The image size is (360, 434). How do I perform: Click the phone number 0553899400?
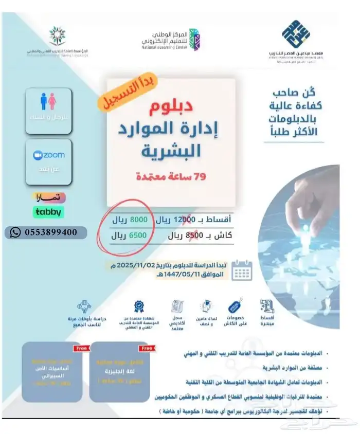click(x=50, y=232)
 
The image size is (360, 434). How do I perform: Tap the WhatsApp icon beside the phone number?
click(x=15, y=232)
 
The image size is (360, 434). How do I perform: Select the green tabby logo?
click(x=48, y=211)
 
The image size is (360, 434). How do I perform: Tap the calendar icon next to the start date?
click(x=241, y=269)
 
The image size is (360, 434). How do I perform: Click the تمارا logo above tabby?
click(x=48, y=198)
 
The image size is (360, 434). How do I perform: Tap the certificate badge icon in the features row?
click(x=139, y=307)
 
